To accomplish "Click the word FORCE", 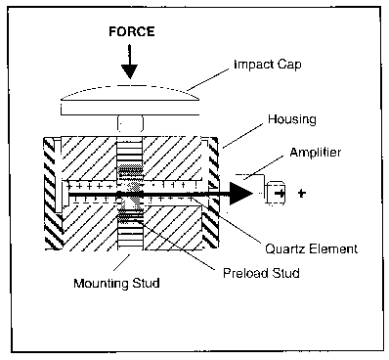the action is [132, 31].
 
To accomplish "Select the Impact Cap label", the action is [268, 65].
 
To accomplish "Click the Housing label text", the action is [292, 119].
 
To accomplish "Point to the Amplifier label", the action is [316, 153].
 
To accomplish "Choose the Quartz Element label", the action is [311, 249].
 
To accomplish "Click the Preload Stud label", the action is [261, 273].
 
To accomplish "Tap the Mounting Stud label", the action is [116, 283].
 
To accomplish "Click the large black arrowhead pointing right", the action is [241, 194].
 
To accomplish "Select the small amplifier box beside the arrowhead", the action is [276, 194].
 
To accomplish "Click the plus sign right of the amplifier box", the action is [302, 194].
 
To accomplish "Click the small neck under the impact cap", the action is [130, 124].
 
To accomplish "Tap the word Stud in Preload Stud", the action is [285, 273].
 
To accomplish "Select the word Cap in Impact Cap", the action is [289, 66].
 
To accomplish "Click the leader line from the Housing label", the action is [243, 136].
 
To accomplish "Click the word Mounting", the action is [101, 284].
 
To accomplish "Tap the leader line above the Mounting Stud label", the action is [121, 262].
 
